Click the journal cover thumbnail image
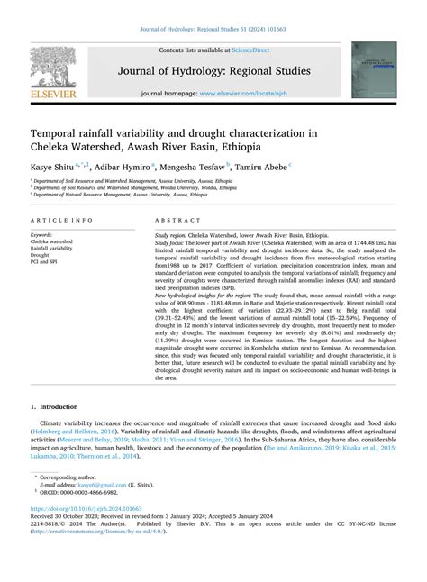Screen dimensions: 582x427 click(x=373, y=69)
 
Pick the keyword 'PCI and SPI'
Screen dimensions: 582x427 click(x=47, y=263)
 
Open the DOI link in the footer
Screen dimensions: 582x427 click(x=79, y=533)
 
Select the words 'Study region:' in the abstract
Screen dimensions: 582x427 click(x=174, y=234)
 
